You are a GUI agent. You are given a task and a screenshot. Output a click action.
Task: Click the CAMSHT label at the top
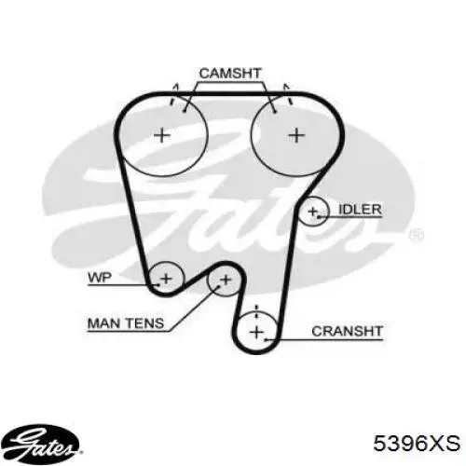[x=230, y=74]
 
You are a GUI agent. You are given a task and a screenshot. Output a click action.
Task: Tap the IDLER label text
[x=360, y=210]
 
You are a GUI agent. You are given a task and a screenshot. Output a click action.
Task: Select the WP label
[x=100, y=278]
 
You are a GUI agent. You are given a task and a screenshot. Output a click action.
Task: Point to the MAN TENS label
[x=126, y=323]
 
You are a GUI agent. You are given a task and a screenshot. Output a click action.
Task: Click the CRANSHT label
[x=347, y=332]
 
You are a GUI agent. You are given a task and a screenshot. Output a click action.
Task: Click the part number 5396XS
[x=417, y=443]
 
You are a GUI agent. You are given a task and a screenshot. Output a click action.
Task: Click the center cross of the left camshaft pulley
[x=162, y=135]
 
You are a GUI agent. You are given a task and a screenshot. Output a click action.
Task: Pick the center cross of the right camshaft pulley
[x=297, y=135]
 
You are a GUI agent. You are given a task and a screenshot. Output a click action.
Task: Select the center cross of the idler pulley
[x=312, y=212]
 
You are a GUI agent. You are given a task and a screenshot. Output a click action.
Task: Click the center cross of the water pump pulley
[x=167, y=278]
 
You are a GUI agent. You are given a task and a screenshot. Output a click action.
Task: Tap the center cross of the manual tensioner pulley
[x=226, y=280]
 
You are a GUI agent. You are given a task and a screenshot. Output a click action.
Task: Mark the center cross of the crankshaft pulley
[x=257, y=333]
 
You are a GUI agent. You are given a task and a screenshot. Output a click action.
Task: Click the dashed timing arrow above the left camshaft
[x=174, y=94]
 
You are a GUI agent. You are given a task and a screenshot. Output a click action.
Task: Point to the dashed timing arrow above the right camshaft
[x=287, y=94]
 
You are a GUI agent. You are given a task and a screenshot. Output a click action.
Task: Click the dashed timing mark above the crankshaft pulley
[x=256, y=311]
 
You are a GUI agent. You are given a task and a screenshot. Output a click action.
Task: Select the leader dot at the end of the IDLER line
[x=319, y=216]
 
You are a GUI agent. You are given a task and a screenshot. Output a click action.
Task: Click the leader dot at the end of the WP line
[x=158, y=284]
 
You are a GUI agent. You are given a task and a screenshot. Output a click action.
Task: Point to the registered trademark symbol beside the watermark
[x=417, y=235]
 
